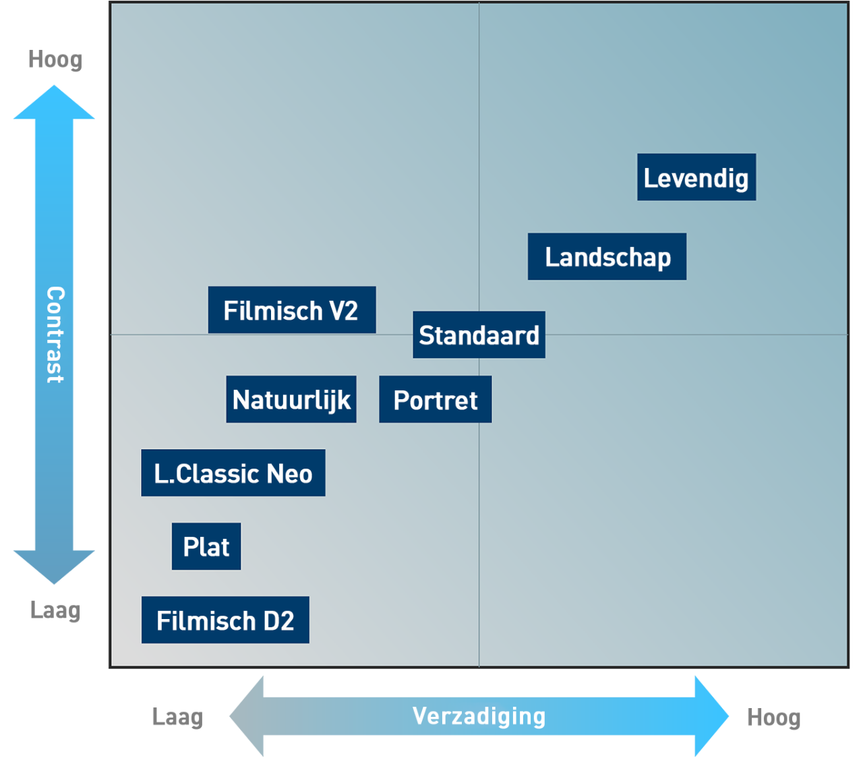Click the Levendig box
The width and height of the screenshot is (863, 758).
696,177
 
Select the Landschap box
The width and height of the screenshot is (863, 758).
607,257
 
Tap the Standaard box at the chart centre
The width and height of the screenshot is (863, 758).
479,334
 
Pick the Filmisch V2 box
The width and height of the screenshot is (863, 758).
291,310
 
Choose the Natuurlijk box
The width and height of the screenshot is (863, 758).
291,399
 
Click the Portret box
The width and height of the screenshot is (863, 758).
435,400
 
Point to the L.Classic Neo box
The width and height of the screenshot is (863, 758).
233,473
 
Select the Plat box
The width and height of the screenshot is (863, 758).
206,546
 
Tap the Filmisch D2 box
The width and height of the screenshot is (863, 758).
225,620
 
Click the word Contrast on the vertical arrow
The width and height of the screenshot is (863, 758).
55,334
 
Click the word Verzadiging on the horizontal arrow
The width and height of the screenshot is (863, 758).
479,716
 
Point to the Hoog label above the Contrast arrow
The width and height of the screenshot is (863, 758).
55,60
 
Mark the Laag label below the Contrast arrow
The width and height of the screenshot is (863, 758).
55,610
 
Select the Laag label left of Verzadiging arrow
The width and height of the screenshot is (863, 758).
177,717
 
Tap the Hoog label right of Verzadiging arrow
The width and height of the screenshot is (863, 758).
773,718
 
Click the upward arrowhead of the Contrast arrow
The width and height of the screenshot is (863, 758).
54,103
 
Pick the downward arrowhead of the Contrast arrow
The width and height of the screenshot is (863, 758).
54,566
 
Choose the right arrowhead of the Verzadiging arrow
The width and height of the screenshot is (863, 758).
711,716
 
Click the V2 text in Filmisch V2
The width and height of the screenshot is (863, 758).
343,310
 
